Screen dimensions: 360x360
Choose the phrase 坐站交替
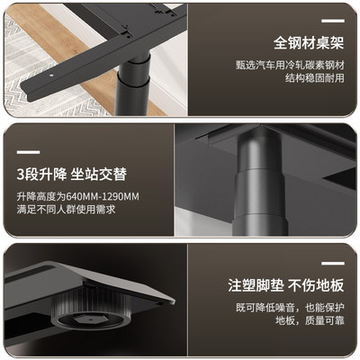click(x=101, y=172)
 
